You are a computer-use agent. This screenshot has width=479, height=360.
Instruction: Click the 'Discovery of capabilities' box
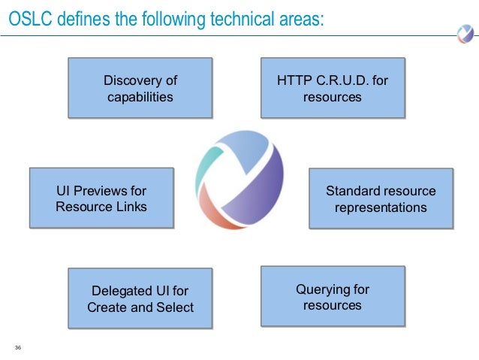click(x=140, y=88)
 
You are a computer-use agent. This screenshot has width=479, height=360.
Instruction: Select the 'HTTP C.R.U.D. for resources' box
click(x=332, y=88)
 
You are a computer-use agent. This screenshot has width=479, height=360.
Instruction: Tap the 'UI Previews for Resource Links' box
click(x=101, y=198)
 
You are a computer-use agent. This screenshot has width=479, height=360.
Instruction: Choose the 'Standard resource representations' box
click(x=381, y=198)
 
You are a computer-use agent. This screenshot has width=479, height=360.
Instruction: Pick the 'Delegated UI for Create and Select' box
click(x=140, y=298)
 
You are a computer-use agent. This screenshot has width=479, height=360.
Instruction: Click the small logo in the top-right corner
click(x=464, y=33)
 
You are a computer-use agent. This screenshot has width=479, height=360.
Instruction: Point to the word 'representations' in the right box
click(x=381, y=207)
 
